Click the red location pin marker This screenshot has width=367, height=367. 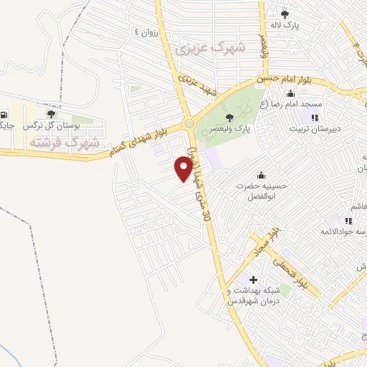click(x=183, y=169)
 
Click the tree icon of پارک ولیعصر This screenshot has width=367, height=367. click(x=229, y=118)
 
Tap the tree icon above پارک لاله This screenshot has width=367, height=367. click(x=285, y=14)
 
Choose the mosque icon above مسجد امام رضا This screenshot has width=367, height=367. click(x=290, y=93)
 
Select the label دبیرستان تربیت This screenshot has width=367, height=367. click(x=312, y=129)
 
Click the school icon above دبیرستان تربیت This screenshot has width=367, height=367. click(x=314, y=117)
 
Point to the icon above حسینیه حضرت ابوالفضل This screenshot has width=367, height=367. click(x=260, y=174)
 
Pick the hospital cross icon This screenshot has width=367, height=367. click(x=252, y=278)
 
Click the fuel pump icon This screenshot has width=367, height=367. click(x=6, y=115)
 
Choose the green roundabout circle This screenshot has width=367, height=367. click(x=189, y=123)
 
